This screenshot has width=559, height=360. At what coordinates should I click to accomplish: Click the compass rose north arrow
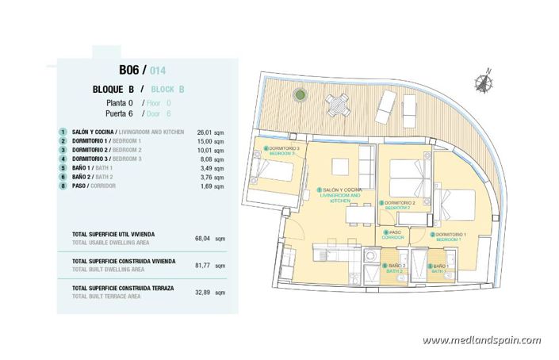[x=483, y=82]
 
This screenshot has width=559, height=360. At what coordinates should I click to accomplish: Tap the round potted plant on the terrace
[x=301, y=95]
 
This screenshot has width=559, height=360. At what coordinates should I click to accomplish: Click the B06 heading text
[x=133, y=69]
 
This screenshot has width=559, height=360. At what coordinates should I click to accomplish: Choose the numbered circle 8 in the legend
[x=62, y=186]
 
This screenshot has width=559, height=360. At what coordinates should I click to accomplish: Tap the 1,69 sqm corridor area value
[x=200, y=186]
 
